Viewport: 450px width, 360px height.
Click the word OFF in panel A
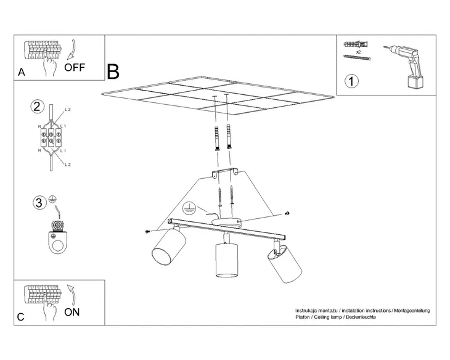point(75,67)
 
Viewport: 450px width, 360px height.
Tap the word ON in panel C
point(72,312)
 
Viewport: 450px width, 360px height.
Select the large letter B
point(113,72)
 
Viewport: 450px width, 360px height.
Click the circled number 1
point(351,81)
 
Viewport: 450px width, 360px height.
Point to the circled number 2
point(38,107)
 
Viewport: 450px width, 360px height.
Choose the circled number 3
point(39,203)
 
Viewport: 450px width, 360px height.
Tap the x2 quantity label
point(358,52)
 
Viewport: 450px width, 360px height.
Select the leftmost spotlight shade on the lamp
point(169,247)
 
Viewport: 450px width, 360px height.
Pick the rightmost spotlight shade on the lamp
point(285,264)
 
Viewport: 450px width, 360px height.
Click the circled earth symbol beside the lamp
point(189,208)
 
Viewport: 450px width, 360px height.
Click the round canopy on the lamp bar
point(226,222)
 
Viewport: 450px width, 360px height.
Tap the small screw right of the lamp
point(287,213)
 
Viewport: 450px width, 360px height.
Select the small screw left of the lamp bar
point(148,231)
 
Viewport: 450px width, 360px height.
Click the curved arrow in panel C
point(72,294)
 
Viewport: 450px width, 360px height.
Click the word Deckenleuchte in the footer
point(361,317)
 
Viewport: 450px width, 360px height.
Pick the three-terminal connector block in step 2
point(51,137)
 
